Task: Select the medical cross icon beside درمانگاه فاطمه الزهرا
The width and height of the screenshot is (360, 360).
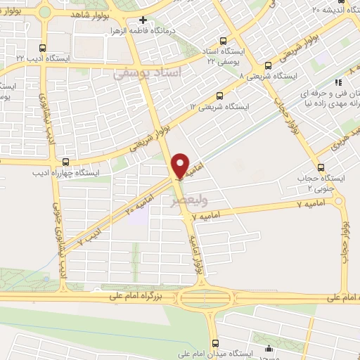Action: [x=143, y=20]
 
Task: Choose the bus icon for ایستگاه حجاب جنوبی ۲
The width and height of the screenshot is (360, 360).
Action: [x=321, y=168]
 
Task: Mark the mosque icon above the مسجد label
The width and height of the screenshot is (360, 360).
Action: [x=267, y=347]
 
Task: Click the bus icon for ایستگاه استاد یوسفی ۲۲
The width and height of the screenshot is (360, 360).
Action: [x=224, y=41]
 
